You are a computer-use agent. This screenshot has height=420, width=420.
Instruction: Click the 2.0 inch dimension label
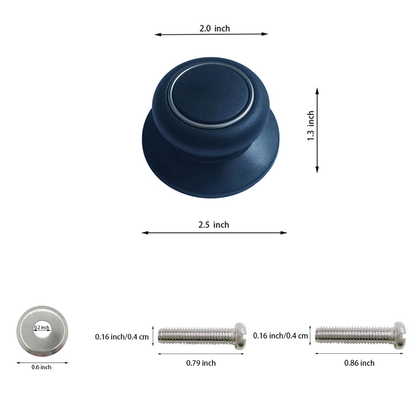coord(215,28)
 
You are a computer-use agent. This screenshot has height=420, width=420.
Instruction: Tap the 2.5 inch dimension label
coord(213,224)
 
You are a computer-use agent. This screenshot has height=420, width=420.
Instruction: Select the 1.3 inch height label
coord(311,126)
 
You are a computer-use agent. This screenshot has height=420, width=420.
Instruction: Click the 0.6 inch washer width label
coord(41,367)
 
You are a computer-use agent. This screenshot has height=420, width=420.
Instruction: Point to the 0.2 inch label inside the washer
coord(42,328)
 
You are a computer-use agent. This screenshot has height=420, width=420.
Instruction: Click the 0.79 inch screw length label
coord(201,363)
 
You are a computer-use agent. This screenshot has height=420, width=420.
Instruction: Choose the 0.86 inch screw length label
coord(359,363)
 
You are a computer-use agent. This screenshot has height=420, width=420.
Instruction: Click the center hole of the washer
coord(42,332)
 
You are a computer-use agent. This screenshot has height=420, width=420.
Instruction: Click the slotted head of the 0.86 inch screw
coord(400,335)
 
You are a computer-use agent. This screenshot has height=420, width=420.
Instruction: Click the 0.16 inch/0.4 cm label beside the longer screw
coord(280,336)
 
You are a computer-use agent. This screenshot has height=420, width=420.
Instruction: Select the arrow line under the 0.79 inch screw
coord(201,354)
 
